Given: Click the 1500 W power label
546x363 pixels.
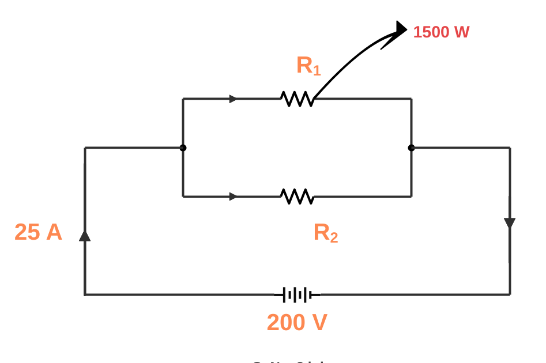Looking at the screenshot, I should [x=441, y=32].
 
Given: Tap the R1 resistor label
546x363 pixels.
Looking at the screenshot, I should [x=308, y=66].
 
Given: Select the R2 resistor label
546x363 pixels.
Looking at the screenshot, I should [x=325, y=233].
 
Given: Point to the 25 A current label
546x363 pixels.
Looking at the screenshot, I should [x=38, y=232].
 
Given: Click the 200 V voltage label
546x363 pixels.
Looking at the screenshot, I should [x=297, y=323].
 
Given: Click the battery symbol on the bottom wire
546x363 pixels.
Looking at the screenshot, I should [x=297, y=295].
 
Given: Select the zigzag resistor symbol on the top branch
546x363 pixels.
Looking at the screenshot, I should [x=298, y=99].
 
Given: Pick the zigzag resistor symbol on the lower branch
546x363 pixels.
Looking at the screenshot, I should [x=298, y=196].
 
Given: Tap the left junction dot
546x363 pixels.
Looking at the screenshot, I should [x=183, y=148].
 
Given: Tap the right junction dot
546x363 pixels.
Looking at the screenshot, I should [x=411, y=148].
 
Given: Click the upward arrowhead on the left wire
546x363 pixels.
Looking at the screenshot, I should [x=85, y=235].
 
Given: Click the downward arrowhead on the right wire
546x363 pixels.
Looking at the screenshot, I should [x=510, y=223].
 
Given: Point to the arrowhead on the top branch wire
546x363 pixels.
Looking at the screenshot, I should [x=233, y=99].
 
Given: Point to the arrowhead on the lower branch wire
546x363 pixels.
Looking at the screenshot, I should [x=233, y=196].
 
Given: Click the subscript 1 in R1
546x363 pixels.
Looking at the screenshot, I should [x=317, y=71].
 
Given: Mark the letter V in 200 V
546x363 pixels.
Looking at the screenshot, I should [x=319, y=323].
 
